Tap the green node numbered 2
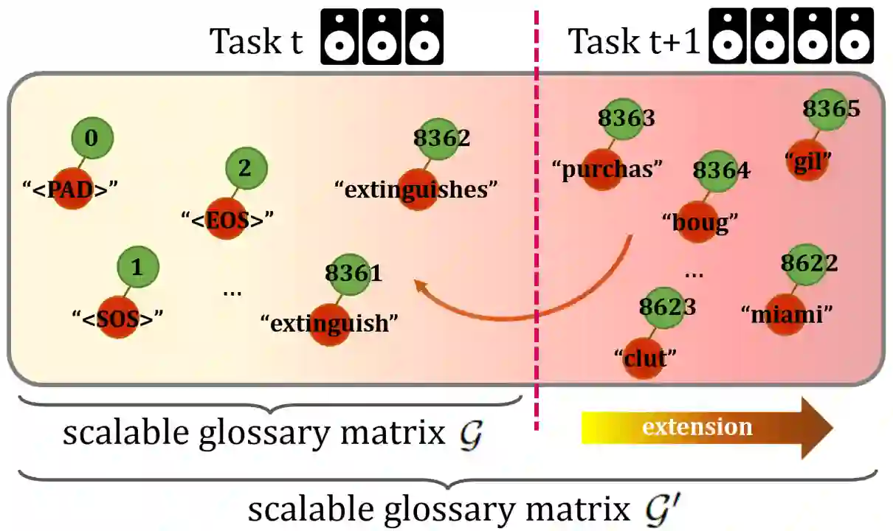click(244, 168)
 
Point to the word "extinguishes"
click(416, 190)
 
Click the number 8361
click(354, 274)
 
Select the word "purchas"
click(605, 169)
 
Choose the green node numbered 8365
click(831, 109)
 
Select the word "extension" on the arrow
click(697, 427)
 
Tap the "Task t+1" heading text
click(633, 41)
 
